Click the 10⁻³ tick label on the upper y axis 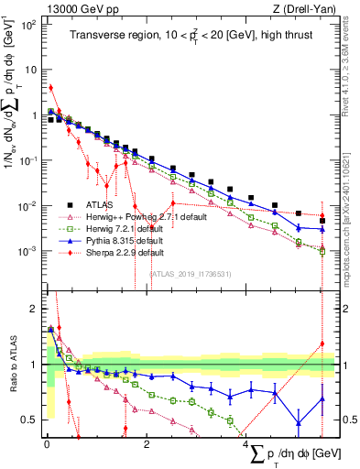[x=30, y=251]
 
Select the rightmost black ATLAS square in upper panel [x=322, y=221]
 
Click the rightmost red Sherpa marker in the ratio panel [x=322, y=344]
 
